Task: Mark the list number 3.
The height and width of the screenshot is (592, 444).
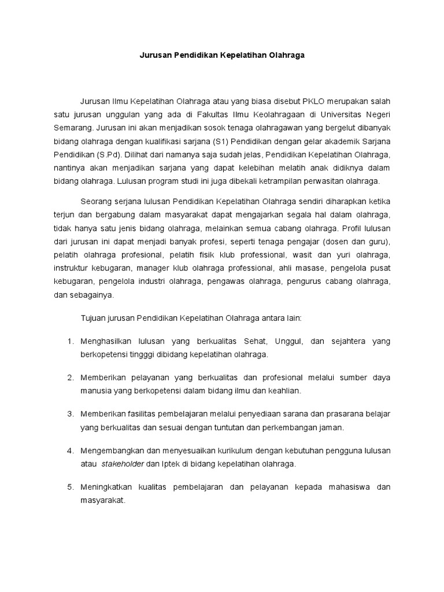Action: (69, 414)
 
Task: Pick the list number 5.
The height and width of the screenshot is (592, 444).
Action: (69, 487)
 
